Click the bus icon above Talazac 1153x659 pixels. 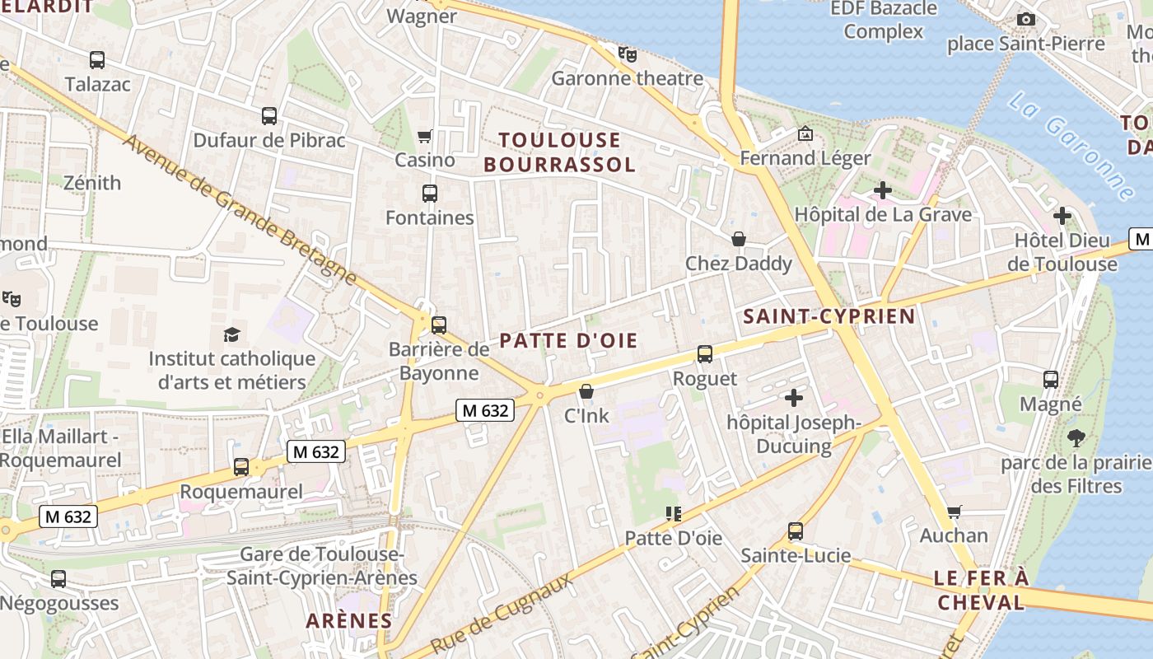point(97,59)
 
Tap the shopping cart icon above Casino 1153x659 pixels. point(425,136)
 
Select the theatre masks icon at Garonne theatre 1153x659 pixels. point(628,55)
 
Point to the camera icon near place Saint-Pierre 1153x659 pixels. point(1025,19)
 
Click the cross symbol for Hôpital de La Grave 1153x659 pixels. point(883,190)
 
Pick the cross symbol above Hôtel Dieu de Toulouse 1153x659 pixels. point(1062,216)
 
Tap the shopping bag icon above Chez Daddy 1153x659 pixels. point(740,239)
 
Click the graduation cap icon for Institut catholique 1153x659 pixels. point(232,334)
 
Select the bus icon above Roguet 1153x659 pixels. point(705,354)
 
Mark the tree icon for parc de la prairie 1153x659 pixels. point(1076,437)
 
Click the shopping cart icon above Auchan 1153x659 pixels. point(955,512)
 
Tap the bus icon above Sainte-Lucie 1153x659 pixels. point(795,531)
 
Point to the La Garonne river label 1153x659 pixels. point(1071,145)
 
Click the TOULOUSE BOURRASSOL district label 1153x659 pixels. point(559,152)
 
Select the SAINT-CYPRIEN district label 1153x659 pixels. point(829,316)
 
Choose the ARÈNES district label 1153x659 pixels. point(348,620)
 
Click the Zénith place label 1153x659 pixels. point(92,182)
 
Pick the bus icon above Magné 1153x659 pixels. point(1051,380)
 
